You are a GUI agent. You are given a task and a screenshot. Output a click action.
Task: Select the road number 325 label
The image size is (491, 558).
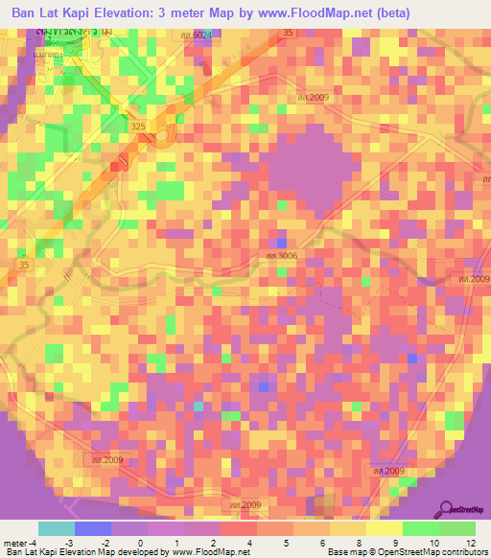click(137, 125)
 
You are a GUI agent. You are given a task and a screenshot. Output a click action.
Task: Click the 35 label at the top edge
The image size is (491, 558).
click(289, 33)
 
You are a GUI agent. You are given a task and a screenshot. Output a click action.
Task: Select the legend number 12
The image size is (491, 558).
click(469, 543)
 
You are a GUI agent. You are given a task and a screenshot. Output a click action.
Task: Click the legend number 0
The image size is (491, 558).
click(141, 543)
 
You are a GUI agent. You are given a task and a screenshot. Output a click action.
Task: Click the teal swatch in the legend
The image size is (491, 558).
click(57, 528)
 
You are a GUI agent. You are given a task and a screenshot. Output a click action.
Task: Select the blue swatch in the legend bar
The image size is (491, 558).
click(93, 528)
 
